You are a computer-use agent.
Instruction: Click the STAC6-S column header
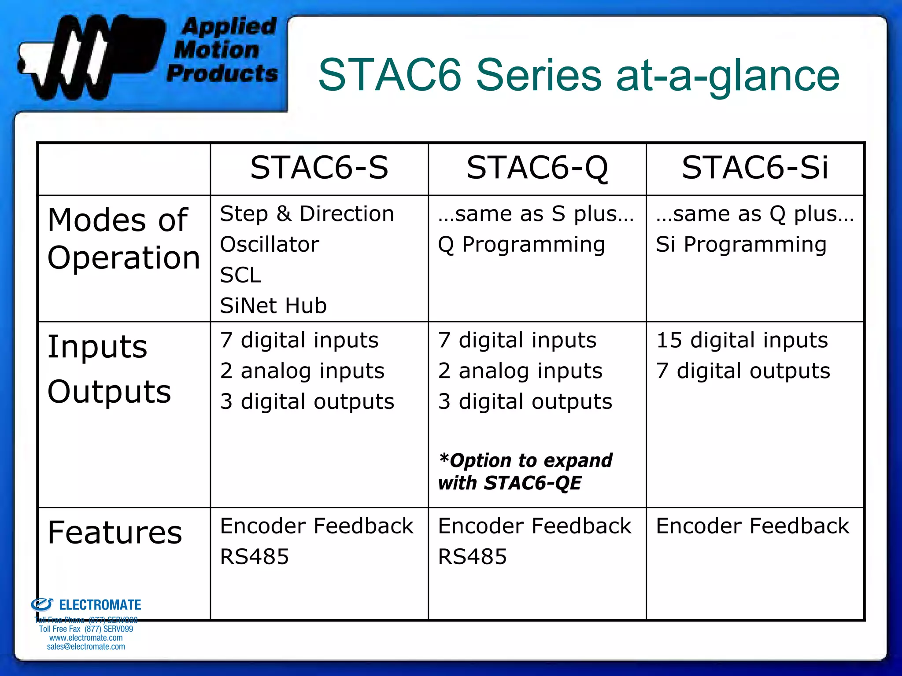tap(319, 168)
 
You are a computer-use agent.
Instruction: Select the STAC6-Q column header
tap(537, 168)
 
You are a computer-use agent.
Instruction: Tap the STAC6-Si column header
tap(754, 168)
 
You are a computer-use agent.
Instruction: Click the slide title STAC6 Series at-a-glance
tap(578, 76)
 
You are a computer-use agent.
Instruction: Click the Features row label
tap(115, 533)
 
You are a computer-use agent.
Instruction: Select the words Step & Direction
tap(307, 214)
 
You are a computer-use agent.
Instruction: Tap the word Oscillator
tap(270, 245)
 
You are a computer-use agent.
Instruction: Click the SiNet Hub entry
tap(273, 306)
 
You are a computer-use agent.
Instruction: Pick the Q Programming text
tap(521, 245)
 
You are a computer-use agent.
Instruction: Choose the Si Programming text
tap(741, 245)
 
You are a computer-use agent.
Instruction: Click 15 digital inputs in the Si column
tap(742, 341)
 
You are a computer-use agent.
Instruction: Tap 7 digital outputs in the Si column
tap(743, 371)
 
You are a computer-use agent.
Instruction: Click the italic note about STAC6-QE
tap(525, 472)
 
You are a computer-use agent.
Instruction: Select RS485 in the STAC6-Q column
tap(472, 557)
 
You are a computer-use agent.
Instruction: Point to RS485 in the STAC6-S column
tap(254, 557)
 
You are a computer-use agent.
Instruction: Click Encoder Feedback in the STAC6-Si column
tap(752, 526)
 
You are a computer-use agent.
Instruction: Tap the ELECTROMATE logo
tap(86, 605)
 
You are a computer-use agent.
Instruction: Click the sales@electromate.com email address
tap(86, 647)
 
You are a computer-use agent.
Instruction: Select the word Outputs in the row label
tap(109, 392)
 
